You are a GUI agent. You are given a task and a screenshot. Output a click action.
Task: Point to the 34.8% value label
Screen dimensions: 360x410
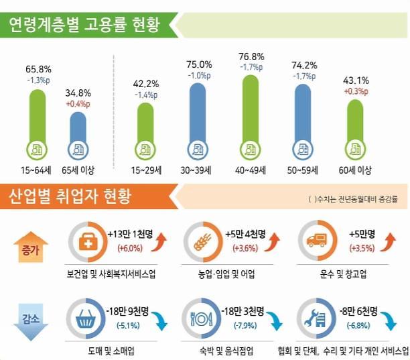78,93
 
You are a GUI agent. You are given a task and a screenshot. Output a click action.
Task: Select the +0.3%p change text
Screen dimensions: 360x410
356,91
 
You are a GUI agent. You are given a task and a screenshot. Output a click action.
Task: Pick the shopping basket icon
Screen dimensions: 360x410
87,320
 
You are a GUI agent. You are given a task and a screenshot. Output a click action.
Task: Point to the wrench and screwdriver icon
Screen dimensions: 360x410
314,320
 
